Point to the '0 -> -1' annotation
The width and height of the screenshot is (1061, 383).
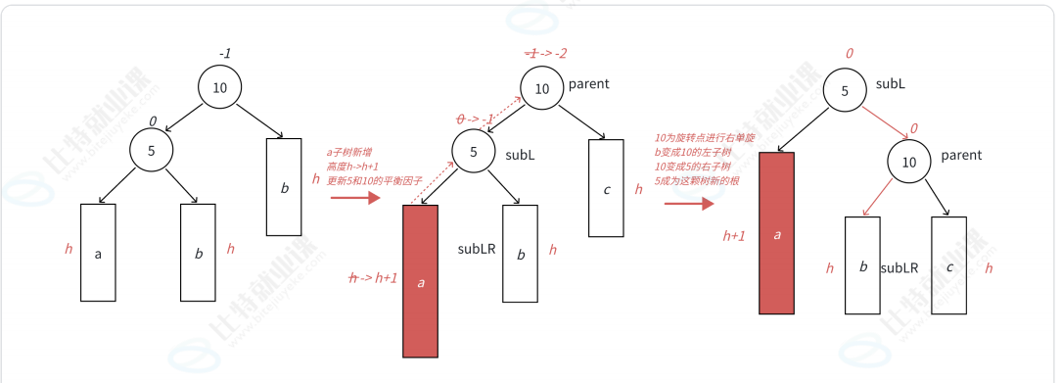(475, 119)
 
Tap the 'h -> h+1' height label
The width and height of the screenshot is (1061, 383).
(374, 278)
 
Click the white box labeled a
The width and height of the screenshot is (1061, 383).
(98, 253)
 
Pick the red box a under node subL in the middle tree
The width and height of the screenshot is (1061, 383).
(421, 281)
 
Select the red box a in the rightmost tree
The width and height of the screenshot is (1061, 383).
(776, 233)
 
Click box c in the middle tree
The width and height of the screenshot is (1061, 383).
(606, 188)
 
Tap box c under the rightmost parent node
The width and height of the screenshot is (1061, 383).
(949, 265)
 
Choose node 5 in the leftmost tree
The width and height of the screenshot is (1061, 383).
(152, 151)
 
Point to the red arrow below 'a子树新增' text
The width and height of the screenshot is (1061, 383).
(354, 198)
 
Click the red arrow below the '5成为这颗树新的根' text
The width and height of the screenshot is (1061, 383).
(689, 204)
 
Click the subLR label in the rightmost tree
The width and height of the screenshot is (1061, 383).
(899, 267)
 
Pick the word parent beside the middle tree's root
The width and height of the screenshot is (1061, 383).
(589, 84)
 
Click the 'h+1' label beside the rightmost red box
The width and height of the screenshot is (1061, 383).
(734, 235)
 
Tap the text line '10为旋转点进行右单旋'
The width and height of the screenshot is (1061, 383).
(705, 138)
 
